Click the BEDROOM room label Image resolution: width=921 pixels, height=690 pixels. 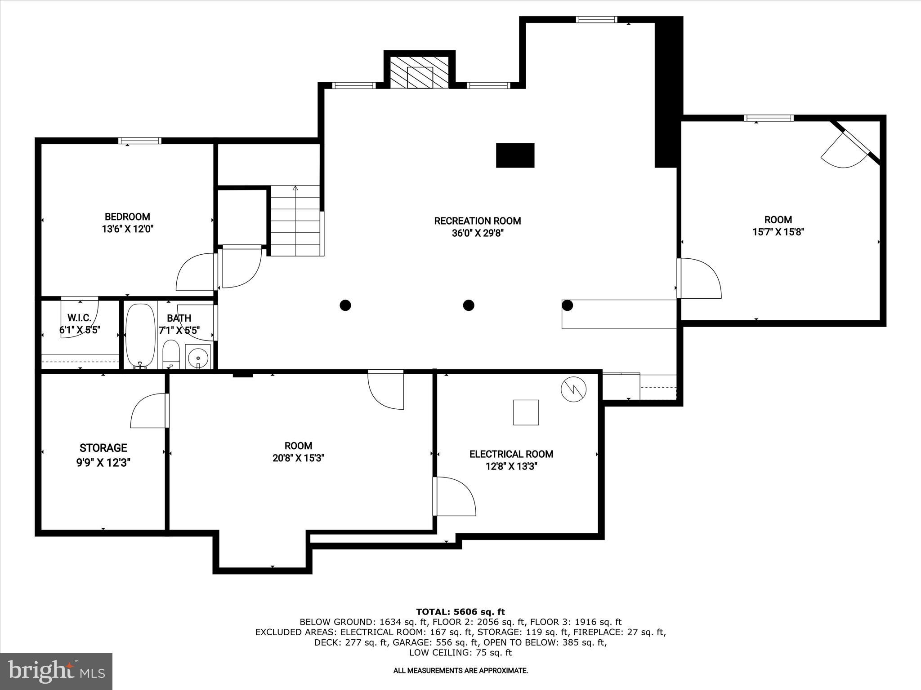(127, 217)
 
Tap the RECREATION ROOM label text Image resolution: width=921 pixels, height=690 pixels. (477, 221)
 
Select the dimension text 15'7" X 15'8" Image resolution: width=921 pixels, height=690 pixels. (778, 232)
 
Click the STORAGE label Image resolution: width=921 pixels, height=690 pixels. (103, 448)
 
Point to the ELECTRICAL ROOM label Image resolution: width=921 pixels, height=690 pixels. (511, 454)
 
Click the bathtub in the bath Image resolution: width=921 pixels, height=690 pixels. (140, 336)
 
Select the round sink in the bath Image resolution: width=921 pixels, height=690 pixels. (197, 358)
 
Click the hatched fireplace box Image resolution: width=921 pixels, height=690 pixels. (419, 73)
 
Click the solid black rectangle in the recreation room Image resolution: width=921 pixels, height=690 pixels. (515, 155)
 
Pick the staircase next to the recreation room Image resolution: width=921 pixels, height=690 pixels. (296, 221)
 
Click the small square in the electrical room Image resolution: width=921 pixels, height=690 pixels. (526, 412)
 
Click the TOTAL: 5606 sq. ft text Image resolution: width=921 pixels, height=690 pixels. (460, 612)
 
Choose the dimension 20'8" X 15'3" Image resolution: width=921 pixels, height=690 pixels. (298, 458)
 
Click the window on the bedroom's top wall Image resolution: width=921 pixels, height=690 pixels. (139, 141)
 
